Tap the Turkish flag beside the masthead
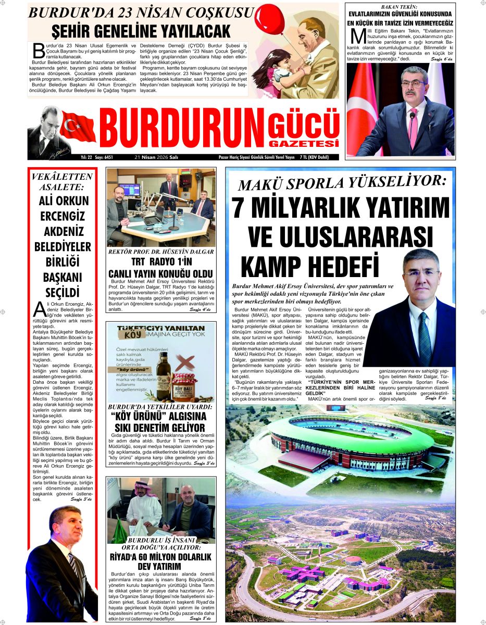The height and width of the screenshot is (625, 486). (78, 127)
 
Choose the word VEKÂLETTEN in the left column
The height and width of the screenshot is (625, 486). (62, 177)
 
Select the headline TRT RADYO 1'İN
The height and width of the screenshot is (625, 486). (160, 261)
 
